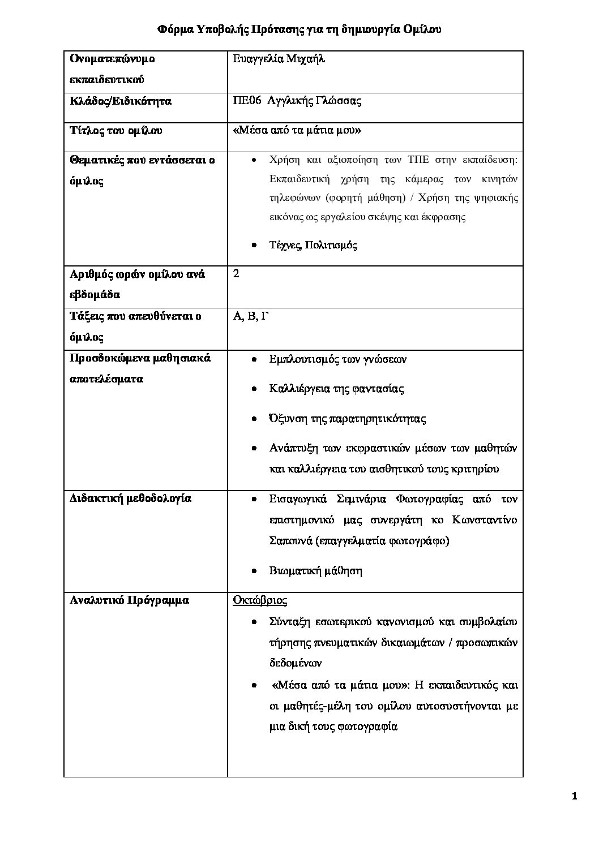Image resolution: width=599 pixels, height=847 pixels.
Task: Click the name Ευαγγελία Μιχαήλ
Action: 279,59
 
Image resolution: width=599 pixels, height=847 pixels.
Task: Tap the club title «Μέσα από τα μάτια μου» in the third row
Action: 297,131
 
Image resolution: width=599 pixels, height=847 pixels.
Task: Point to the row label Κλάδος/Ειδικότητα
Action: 120,101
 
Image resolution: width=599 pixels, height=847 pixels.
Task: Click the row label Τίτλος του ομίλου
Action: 115,131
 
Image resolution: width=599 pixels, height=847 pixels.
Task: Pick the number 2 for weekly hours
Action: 236,274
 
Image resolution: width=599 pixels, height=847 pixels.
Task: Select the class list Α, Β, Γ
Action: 250,316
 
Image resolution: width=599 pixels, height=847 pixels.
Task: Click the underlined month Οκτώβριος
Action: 260,600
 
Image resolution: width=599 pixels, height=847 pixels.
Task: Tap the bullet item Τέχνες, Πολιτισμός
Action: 313,245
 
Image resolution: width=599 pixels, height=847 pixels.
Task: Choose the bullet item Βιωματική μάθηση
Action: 316,570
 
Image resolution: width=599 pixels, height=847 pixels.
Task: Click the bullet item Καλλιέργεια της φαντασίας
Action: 337,389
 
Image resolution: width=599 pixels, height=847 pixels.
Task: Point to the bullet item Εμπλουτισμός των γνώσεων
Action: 338,359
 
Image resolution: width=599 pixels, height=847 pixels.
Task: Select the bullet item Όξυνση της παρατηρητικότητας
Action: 348,419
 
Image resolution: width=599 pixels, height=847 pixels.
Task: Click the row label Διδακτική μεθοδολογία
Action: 130,498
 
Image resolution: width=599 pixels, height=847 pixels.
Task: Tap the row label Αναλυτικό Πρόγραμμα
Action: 129,600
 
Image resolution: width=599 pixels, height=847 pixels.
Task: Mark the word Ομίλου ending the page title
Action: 420,29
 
